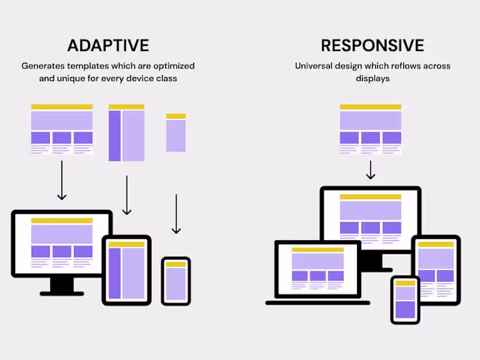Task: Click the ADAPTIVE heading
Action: pyautogui.click(x=108, y=46)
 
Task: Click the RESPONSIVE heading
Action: pyautogui.click(x=373, y=46)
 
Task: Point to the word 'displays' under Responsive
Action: pyautogui.click(x=373, y=79)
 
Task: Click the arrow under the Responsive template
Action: pyautogui.click(x=371, y=170)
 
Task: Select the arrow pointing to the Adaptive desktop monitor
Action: pyautogui.click(x=62, y=181)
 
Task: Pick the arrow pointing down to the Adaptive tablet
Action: pyautogui.click(x=127, y=196)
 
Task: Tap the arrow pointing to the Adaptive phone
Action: pyautogui.click(x=176, y=214)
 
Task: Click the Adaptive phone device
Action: pyautogui.click(x=176, y=281)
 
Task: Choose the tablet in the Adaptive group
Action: pyautogui.click(x=127, y=271)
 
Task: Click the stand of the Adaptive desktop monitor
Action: pyautogui.click(x=62, y=287)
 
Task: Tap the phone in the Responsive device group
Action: pyautogui.click(x=406, y=300)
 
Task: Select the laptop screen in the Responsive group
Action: pyautogui.click(x=318, y=269)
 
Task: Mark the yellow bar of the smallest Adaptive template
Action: pyautogui.click(x=176, y=116)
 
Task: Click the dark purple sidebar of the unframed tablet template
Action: pyautogui.click(x=115, y=136)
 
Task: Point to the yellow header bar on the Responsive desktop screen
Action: pyautogui.click(x=371, y=197)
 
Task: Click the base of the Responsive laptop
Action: pyautogui.click(x=318, y=303)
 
